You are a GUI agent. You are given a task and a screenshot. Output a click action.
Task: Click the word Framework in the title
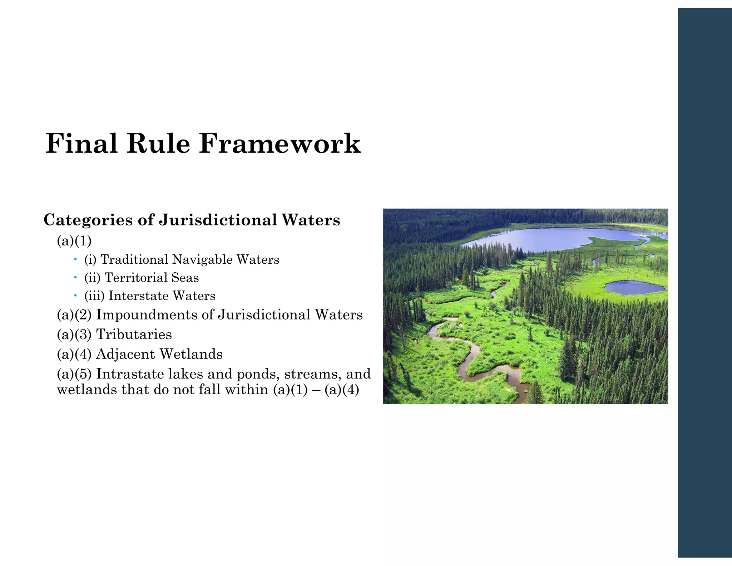point(280,144)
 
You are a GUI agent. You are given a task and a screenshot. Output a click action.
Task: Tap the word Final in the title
point(81,144)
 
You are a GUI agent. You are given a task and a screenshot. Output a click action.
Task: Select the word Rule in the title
point(158,144)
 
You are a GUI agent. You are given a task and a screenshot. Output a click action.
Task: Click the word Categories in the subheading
point(88,220)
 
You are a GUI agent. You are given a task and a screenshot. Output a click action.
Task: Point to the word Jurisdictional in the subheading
point(218,220)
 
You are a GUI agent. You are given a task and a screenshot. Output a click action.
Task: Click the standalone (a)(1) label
point(74,241)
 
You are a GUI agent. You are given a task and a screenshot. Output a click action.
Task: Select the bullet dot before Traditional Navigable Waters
point(75,259)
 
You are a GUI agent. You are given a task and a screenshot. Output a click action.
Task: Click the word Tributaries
point(134,335)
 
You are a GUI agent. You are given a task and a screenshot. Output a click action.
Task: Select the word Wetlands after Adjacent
point(191,354)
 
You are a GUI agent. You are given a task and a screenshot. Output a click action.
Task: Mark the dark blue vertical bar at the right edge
point(704,283)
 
